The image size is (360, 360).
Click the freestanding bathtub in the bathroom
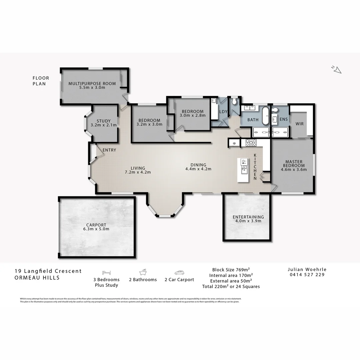click(265, 115)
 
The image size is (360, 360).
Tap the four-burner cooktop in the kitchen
click(251, 143)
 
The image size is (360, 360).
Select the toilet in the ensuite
click(275, 110)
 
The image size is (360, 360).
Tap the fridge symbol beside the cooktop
click(234, 143)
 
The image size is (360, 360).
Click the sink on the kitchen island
click(244, 162)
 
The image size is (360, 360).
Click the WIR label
click(299, 124)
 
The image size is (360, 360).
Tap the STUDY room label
click(103, 121)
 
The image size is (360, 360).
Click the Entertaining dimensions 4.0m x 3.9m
click(248, 221)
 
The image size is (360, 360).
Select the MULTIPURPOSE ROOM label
click(92, 83)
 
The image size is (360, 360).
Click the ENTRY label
click(109, 150)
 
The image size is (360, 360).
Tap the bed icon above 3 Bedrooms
click(106, 272)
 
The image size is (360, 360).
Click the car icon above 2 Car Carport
click(179, 272)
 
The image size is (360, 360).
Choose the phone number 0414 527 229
click(306, 275)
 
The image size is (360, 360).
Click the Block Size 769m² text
click(231, 269)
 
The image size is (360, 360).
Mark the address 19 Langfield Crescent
click(48, 271)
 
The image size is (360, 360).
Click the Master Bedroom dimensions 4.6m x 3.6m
click(294, 170)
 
